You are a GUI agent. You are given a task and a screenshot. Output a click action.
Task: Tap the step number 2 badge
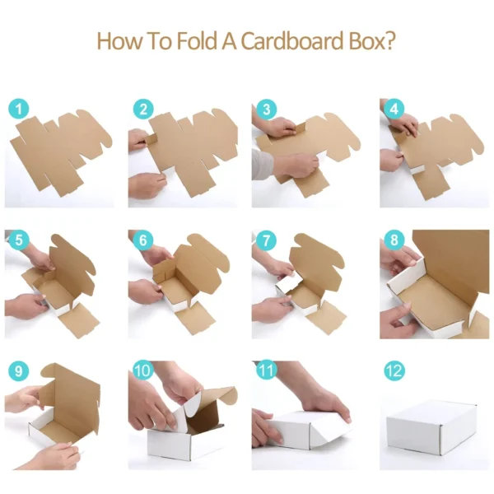(x=144, y=108)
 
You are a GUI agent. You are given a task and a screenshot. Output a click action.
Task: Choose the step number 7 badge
(x=266, y=240)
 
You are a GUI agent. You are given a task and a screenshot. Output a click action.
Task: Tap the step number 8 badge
(x=394, y=240)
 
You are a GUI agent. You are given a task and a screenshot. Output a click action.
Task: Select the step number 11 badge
(x=266, y=370)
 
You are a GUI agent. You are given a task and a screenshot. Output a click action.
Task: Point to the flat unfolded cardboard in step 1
(x=62, y=156)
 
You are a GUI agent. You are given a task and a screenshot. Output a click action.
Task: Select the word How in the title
(x=114, y=40)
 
